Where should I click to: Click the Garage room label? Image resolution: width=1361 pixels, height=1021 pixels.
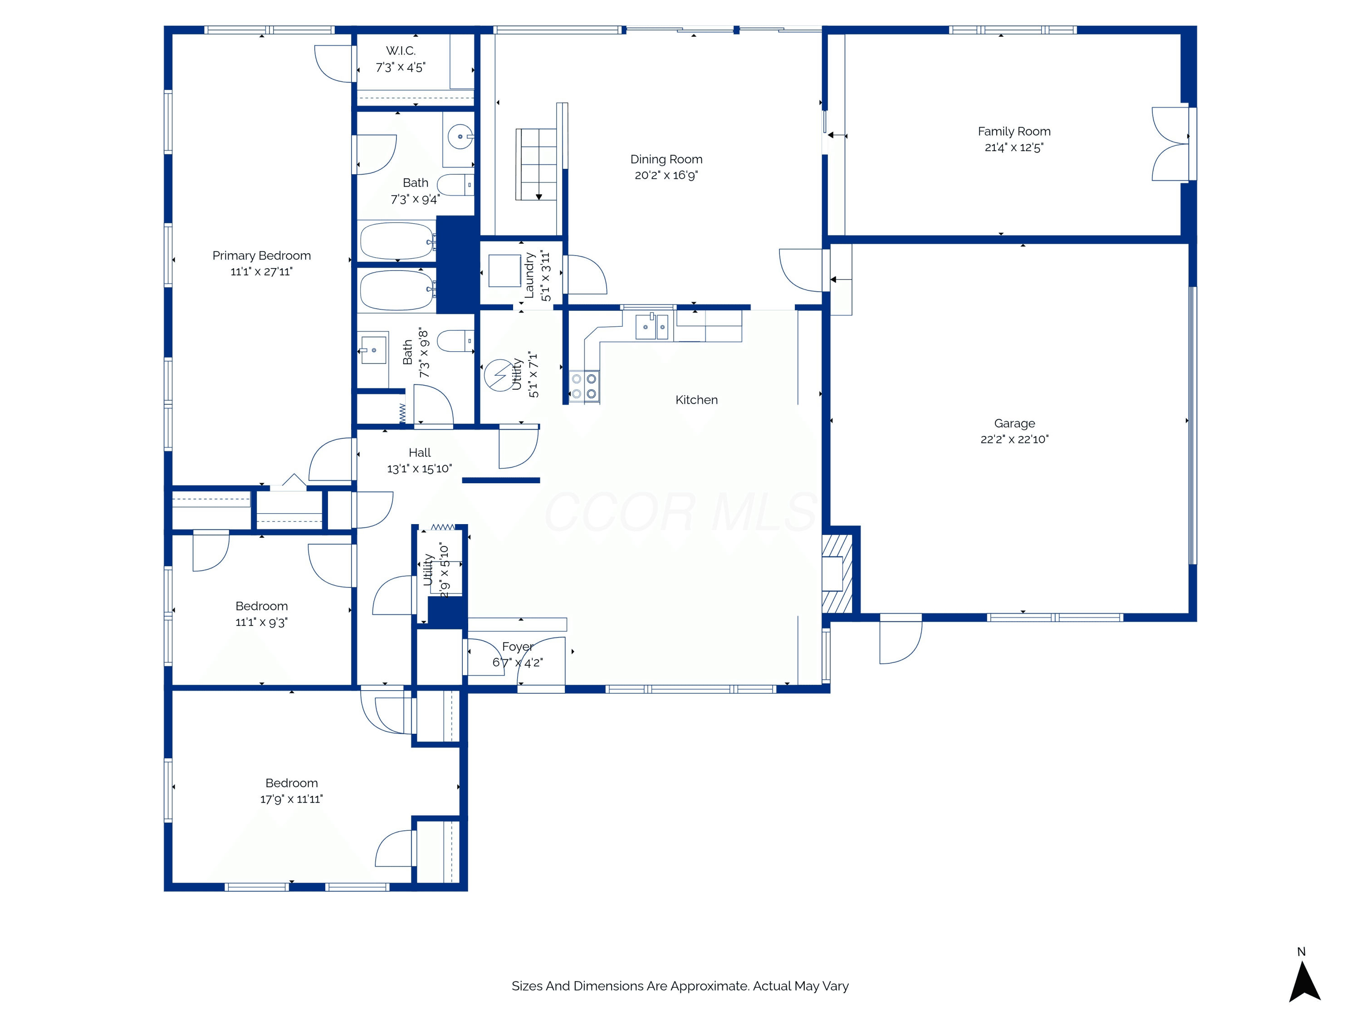pyautogui.click(x=1014, y=423)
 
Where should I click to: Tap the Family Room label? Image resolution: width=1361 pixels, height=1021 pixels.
pyautogui.click(x=1014, y=131)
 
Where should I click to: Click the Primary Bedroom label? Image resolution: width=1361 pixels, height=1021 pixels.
pyautogui.click(x=261, y=255)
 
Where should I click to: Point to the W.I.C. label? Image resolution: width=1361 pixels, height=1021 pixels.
pyautogui.click(x=401, y=50)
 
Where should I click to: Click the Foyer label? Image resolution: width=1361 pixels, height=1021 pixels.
pyautogui.click(x=518, y=646)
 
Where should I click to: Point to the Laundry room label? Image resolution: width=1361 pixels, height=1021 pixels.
pyautogui.click(x=529, y=275)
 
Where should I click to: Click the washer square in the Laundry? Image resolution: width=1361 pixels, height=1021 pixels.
pyautogui.click(x=504, y=271)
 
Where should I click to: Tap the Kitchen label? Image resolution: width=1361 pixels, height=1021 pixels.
pyautogui.click(x=696, y=400)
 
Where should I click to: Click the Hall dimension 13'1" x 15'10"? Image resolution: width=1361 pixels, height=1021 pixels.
pyautogui.click(x=420, y=469)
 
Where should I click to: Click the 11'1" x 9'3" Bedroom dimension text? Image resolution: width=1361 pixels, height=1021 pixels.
pyautogui.click(x=261, y=622)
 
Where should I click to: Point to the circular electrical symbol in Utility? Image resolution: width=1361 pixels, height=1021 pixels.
pyautogui.click(x=499, y=375)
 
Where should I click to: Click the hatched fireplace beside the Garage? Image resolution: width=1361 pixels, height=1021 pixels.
pyautogui.click(x=837, y=574)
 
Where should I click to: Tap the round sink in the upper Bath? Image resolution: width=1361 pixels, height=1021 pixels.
pyautogui.click(x=460, y=137)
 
